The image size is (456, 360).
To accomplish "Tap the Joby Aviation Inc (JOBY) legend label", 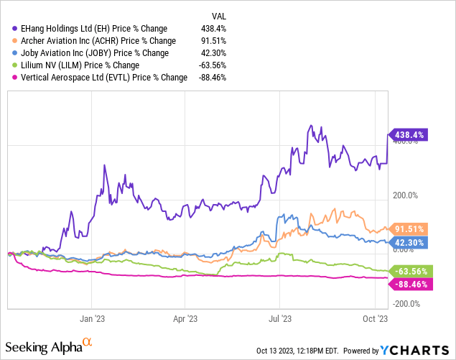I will pyautogui.click(x=95, y=53).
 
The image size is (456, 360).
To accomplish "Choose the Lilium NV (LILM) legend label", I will pyautogui.click(x=78, y=65).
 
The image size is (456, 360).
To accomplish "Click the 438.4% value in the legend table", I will pyautogui.click(x=215, y=29).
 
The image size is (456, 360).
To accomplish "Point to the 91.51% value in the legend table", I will pyautogui.click(x=213, y=41).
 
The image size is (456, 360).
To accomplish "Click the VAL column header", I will pyautogui.click(x=218, y=15).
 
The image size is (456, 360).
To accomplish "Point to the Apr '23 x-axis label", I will pyautogui.click(x=187, y=317).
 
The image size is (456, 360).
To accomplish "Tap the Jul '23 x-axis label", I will pyautogui.click(x=280, y=317).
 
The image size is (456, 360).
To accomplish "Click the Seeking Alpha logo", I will pyautogui.click(x=51, y=346).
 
